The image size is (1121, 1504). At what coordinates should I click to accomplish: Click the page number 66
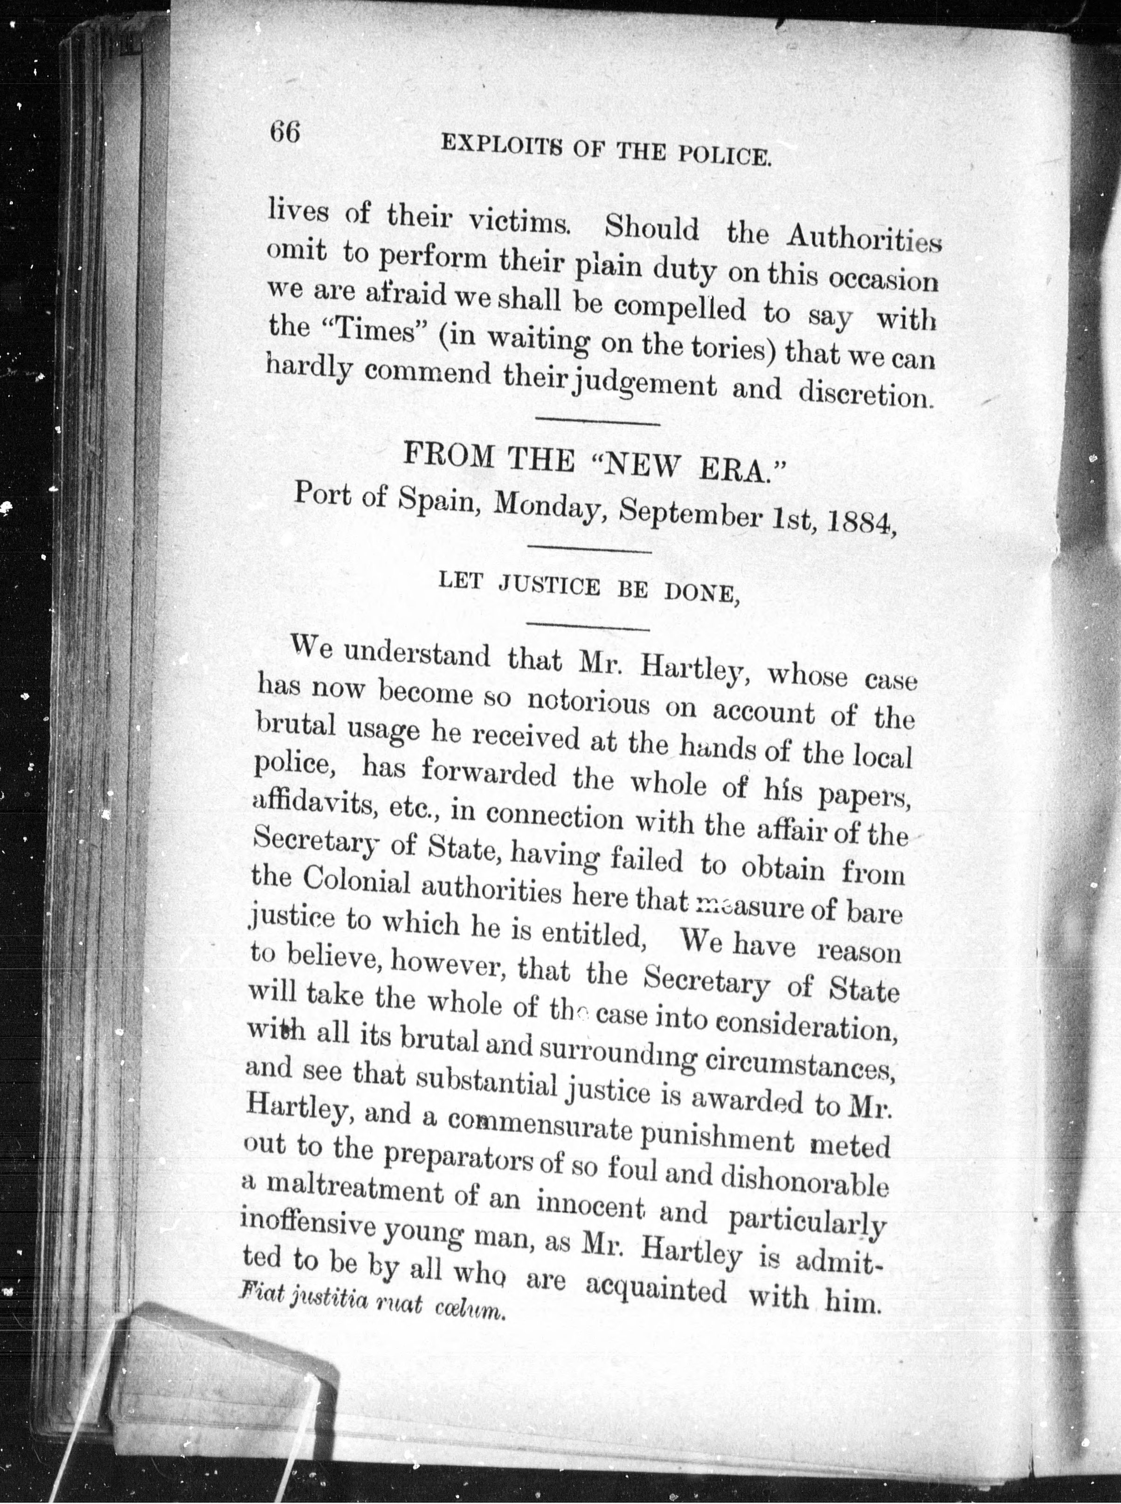tap(284, 132)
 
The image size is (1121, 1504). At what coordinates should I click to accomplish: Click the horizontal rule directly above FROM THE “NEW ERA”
tap(598, 424)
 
